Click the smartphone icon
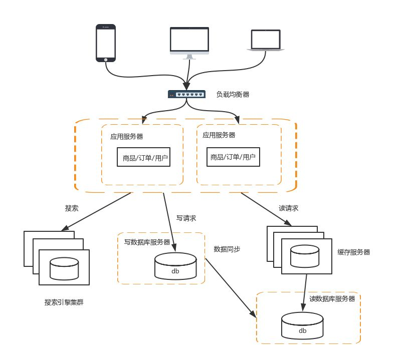[106, 44]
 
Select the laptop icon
[266, 41]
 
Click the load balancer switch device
[186, 94]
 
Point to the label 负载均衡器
[233, 94]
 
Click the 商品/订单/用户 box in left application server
[145, 158]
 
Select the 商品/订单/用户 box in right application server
[233, 157]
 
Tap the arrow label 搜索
[72, 208]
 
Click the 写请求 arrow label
[186, 218]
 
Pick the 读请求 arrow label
[288, 208]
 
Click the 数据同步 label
[227, 249]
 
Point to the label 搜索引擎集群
[64, 302]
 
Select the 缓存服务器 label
[354, 252]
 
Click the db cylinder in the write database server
[175, 266]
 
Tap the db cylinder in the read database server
[302, 326]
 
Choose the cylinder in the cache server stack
[305, 256]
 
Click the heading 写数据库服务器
[147, 242]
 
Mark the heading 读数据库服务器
[332, 299]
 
